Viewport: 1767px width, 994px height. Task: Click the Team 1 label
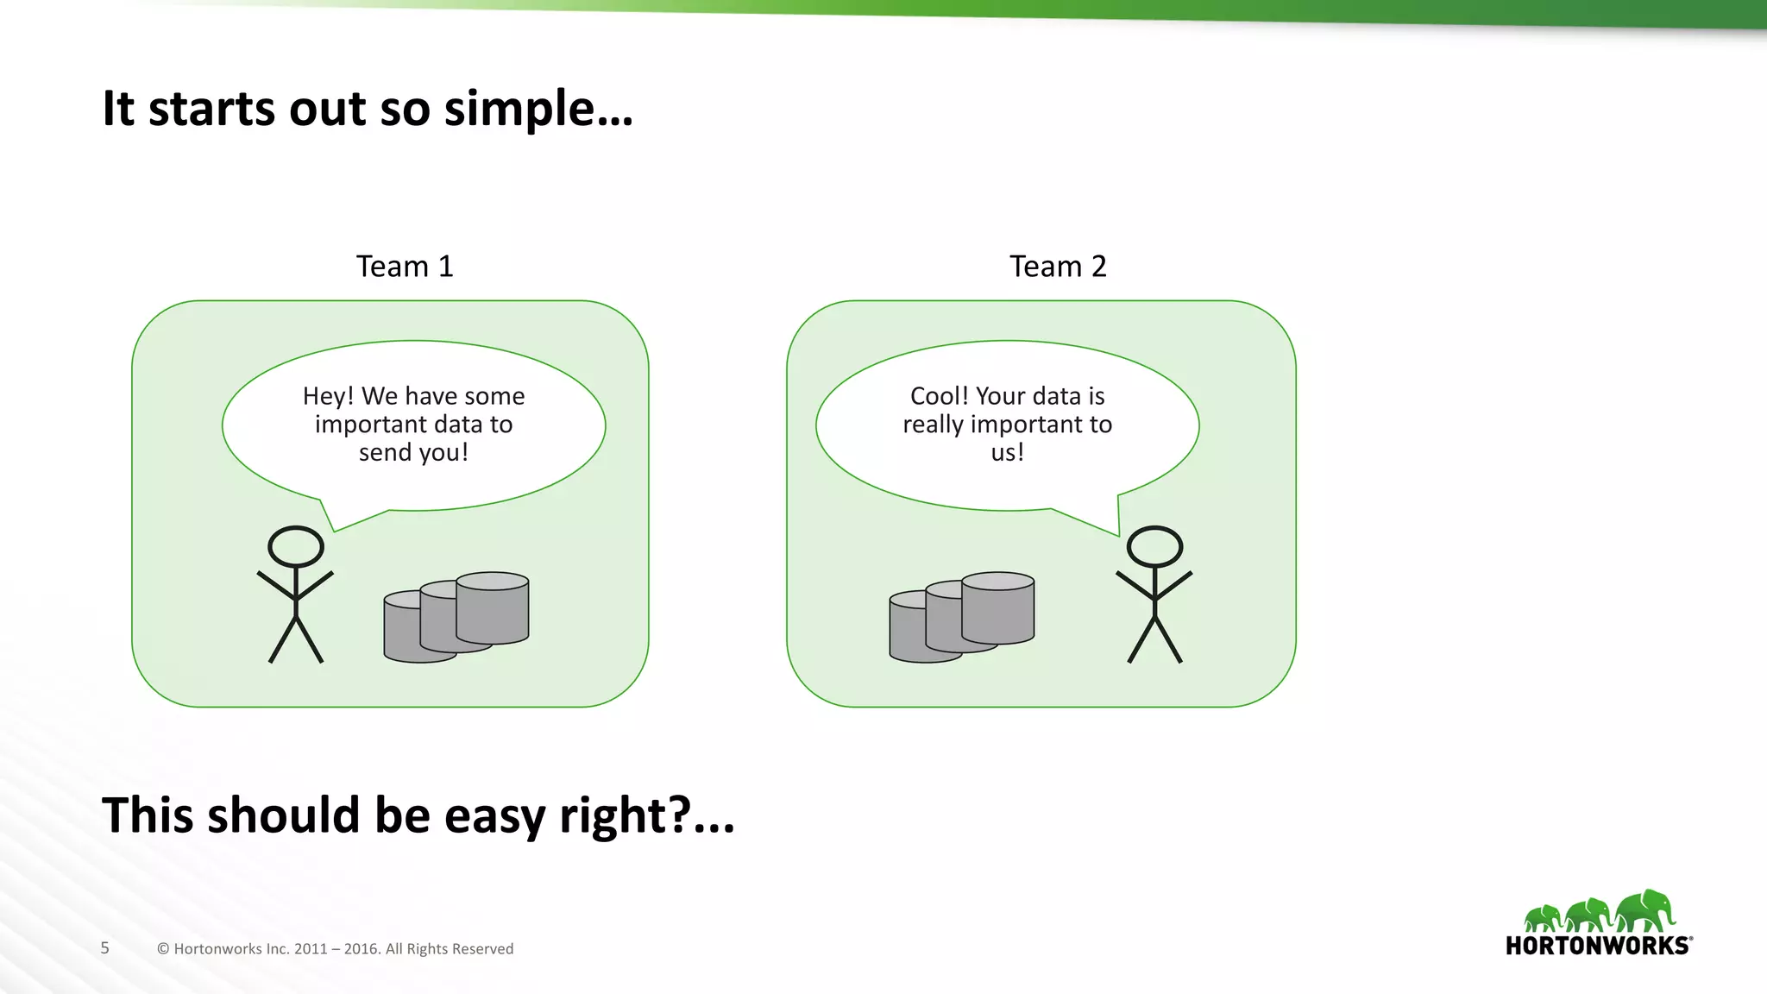coord(405,267)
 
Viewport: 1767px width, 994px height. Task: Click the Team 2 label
coord(1058,267)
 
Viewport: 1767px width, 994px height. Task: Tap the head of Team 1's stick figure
coord(296,546)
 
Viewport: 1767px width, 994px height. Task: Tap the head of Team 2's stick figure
coord(1154,546)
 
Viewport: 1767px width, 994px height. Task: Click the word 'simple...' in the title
coord(538,110)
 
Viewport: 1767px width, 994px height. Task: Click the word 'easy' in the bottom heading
coord(494,815)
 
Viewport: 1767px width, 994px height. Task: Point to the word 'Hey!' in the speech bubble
coord(328,396)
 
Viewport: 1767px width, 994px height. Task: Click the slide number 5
coord(105,948)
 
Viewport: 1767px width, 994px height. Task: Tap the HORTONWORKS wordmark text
coord(1597,946)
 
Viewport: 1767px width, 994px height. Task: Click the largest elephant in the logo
coord(1646,910)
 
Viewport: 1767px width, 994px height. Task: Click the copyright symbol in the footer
coord(163,949)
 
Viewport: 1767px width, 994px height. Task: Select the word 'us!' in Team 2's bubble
coord(1007,453)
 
